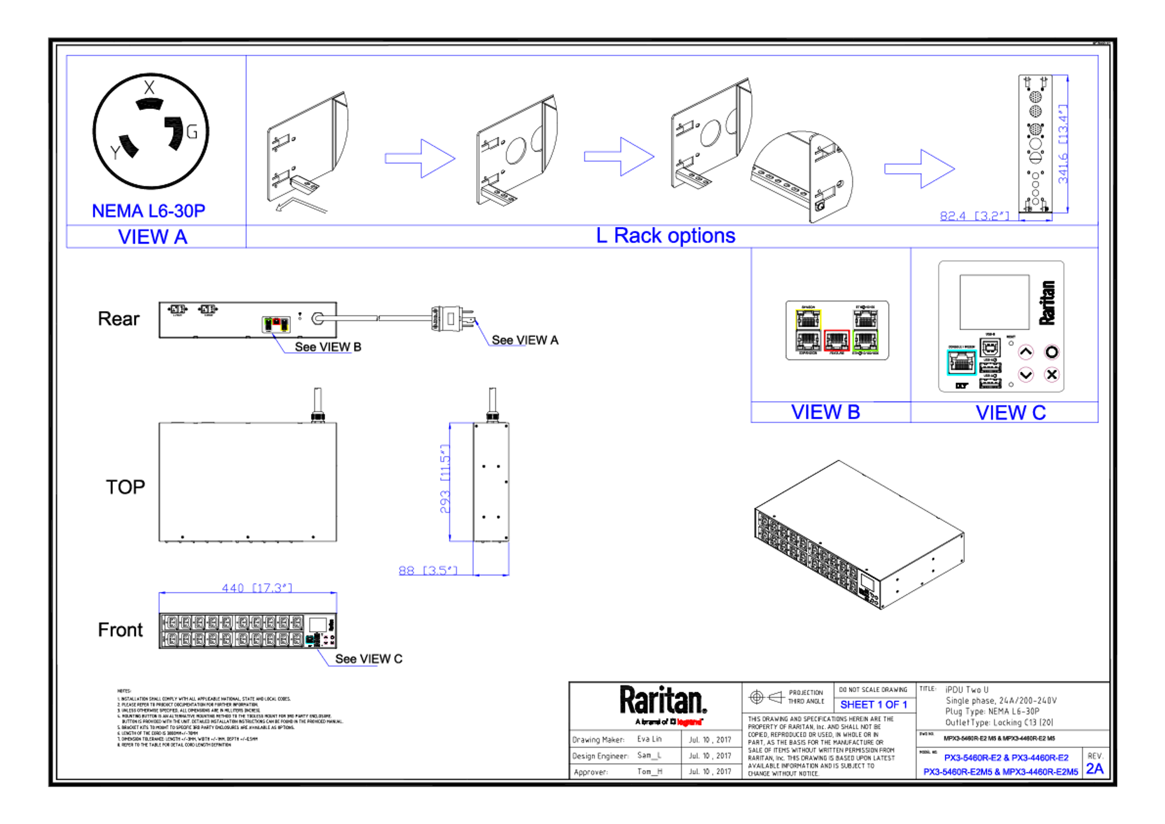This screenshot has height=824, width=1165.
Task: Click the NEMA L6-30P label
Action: (x=149, y=210)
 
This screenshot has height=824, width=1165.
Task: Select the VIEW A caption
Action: (x=153, y=237)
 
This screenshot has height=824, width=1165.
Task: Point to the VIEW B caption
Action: (x=825, y=412)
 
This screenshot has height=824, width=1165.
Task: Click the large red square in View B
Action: (x=836, y=340)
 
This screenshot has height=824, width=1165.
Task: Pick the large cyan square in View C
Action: (x=961, y=362)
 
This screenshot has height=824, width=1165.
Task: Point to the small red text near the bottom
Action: (x=689, y=722)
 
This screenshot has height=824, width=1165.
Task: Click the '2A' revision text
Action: (x=1095, y=769)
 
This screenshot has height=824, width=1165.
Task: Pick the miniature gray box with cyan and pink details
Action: (x=319, y=631)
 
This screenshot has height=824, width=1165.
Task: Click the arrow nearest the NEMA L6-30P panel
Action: (x=420, y=158)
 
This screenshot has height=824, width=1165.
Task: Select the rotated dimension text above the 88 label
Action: (x=444, y=478)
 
